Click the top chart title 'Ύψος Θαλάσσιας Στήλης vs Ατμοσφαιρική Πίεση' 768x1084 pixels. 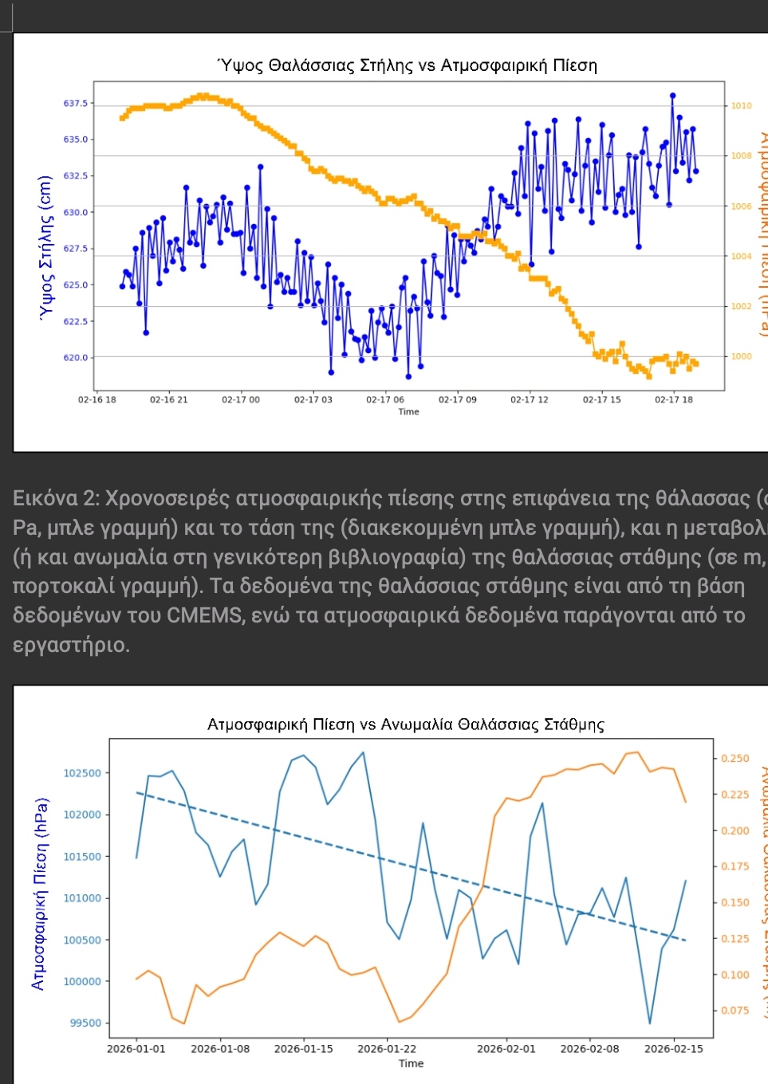pyautogui.click(x=408, y=65)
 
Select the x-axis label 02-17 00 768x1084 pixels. pyautogui.click(x=241, y=399)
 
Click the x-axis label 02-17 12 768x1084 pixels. pyautogui.click(x=530, y=399)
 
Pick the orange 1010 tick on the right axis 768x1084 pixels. pyautogui.click(x=742, y=106)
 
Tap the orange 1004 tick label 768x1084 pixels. pyautogui.click(x=742, y=257)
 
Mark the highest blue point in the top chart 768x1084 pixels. pyautogui.click(x=672, y=96)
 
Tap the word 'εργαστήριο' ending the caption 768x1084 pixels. pyautogui.click(x=71, y=644)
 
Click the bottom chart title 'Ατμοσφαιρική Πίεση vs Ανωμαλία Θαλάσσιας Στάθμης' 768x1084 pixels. pyautogui.click(x=406, y=725)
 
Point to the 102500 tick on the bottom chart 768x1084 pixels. pyautogui.click(x=82, y=773)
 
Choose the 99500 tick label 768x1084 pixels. pyautogui.click(x=85, y=1023)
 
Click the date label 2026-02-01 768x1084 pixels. pyautogui.click(x=506, y=1049)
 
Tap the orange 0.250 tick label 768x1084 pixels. pyautogui.click(x=735, y=759)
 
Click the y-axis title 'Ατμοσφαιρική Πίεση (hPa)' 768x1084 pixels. pyautogui.click(x=38, y=894)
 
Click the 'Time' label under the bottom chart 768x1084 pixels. pyautogui.click(x=411, y=1063)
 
